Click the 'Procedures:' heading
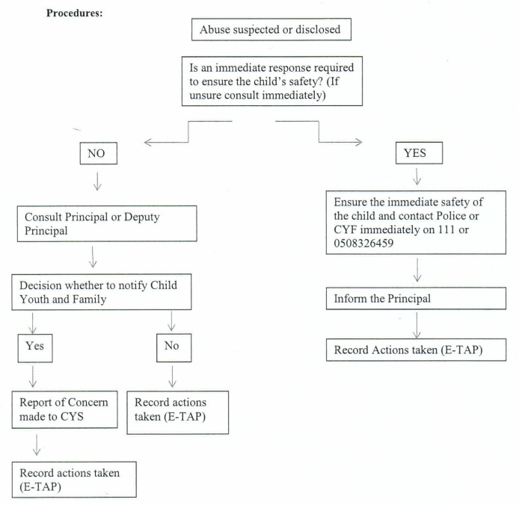coord(75,13)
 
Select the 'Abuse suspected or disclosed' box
coord(271,29)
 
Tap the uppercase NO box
coord(98,153)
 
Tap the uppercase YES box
coord(419,153)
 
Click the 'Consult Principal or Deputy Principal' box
coord(107,223)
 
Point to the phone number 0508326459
coord(363,244)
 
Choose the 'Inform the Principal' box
coord(416,298)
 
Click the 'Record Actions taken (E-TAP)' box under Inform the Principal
coord(416,350)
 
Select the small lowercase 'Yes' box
coord(35,348)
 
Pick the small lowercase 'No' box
coord(173,347)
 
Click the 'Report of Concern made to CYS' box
coord(65,409)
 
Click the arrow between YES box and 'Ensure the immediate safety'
coord(417,176)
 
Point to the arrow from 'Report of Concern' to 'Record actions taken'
coord(37,445)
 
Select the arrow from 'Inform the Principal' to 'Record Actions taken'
coord(417,326)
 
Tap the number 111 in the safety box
coord(446,229)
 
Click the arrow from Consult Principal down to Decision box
coord(93,257)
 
